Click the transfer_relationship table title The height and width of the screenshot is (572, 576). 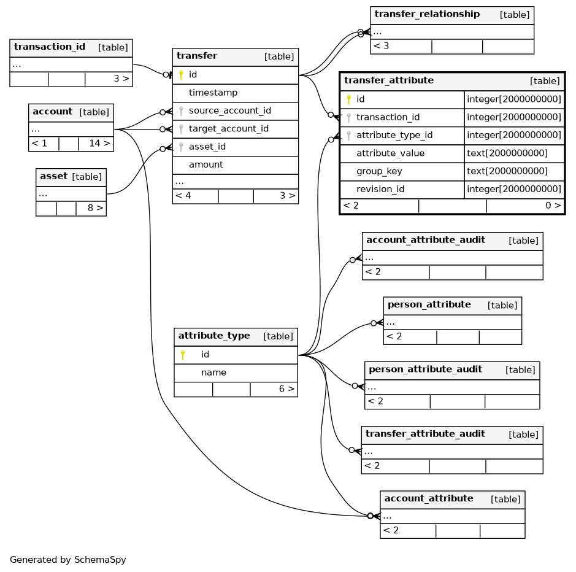click(427, 14)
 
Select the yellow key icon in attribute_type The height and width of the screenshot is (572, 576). click(183, 355)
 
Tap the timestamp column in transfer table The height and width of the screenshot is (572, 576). click(213, 93)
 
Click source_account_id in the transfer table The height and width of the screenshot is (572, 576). click(230, 110)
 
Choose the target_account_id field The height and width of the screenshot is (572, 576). click(228, 129)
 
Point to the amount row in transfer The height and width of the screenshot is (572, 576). click(205, 164)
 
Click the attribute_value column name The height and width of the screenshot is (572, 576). click(391, 153)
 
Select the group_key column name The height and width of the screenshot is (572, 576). click(379, 171)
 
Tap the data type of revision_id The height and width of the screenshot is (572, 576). click(514, 189)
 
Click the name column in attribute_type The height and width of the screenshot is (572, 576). click(213, 373)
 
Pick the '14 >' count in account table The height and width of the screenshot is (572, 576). click(99, 144)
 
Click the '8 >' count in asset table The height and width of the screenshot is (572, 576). click(96, 208)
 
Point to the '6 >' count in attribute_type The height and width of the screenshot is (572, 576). click(287, 389)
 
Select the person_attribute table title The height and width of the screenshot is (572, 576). click(429, 305)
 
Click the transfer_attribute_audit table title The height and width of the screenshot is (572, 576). click(425, 434)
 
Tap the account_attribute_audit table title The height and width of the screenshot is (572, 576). click(426, 240)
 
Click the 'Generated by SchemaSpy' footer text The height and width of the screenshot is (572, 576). click(68, 560)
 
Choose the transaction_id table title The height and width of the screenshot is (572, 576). click(50, 47)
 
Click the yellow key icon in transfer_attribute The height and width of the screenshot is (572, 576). click(348, 99)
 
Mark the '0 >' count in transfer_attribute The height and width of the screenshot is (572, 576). click(553, 206)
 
